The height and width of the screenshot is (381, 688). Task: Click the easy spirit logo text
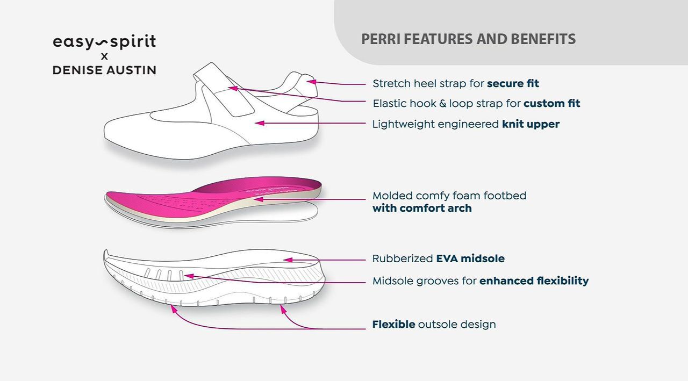104,42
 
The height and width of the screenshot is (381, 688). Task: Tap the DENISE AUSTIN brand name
104,70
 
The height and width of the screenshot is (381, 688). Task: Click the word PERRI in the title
381,39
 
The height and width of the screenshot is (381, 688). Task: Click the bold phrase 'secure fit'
513,83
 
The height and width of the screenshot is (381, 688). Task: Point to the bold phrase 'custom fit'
551,103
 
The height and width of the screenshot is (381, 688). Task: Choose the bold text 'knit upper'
531,124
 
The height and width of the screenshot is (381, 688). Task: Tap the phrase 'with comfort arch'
422,209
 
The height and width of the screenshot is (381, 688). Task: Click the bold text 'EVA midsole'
470,258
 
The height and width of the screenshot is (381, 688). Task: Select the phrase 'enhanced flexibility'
534,281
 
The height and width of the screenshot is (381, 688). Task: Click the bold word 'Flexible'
393,325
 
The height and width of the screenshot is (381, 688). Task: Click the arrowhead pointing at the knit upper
259,123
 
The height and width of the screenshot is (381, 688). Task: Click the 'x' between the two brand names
104,56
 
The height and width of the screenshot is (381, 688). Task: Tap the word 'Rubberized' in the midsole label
402,258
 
